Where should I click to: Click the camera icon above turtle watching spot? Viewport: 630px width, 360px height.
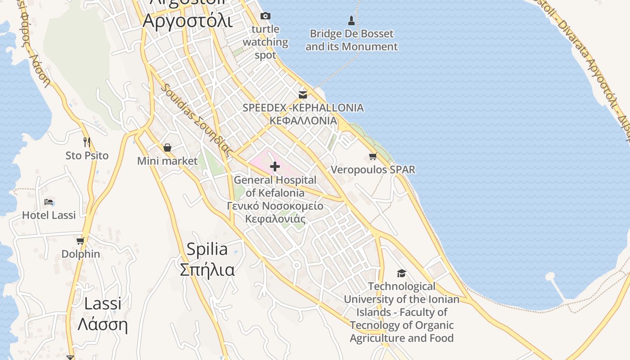click(265, 16)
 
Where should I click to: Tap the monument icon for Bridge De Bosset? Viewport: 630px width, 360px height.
click(351, 20)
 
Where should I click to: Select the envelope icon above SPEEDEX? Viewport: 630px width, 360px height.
click(303, 94)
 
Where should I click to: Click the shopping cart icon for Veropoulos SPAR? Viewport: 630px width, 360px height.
click(373, 157)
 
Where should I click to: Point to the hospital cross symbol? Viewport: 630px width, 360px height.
click(274, 167)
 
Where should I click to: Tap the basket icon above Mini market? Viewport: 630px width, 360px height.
click(167, 148)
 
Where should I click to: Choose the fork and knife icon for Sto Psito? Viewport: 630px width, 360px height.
click(87, 142)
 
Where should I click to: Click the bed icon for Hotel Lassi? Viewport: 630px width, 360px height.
click(49, 202)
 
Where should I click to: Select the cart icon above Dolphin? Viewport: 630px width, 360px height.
click(81, 241)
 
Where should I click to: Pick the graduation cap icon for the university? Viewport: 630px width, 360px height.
click(401, 273)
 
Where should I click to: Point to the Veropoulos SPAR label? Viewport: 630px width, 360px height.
click(373, 170)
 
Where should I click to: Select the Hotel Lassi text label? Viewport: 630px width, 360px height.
click(49, 215)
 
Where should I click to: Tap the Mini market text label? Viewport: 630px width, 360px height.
click(167, 161)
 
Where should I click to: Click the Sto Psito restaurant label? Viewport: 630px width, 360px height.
click(87, 156)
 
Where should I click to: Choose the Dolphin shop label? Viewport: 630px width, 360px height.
click(81, 254)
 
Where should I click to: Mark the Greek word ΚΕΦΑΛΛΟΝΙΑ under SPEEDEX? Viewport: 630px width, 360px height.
click(303, 121)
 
